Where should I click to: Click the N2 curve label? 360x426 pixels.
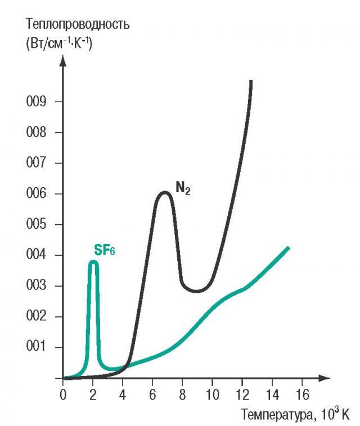tap(182, 189)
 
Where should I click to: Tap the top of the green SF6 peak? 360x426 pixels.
tap(93, 261)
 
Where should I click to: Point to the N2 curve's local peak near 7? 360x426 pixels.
tap(164, 193)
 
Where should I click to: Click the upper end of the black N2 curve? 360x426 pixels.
tap(251, 82)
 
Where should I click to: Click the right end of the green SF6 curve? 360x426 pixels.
tap(288, 248)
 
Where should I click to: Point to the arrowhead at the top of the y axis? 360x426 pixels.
tap(63, 61)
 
